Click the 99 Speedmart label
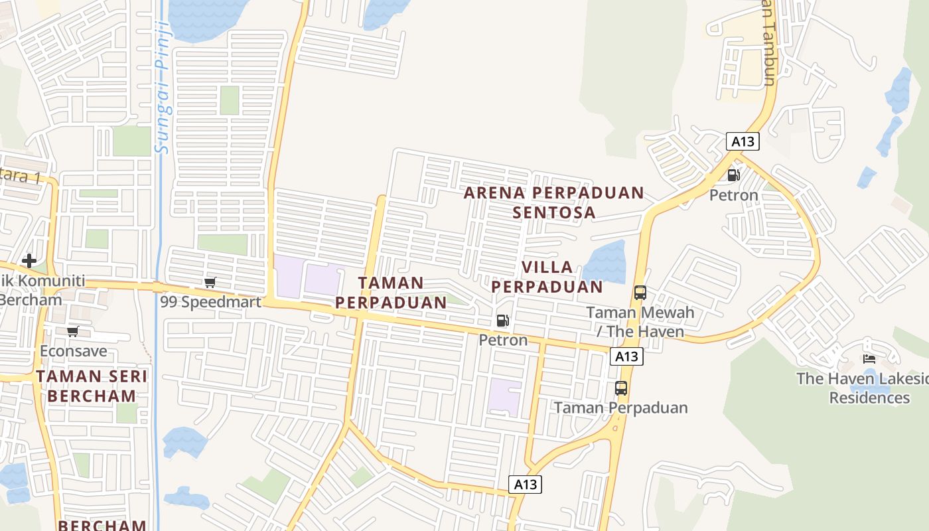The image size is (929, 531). [x=210, y=302]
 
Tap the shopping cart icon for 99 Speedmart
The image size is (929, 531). [x=210, y=283]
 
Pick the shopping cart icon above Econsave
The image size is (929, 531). [x=72, y=331]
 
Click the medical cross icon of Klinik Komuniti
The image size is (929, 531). [x=29, y=261]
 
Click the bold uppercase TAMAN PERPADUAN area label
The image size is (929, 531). [x=391, y=293]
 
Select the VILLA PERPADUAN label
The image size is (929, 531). [x=547, y=277]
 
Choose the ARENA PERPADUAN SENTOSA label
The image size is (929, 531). [x=554, y=202]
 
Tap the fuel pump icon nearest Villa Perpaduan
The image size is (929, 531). [x=503, y=321]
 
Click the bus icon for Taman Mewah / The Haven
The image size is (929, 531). [x=640, y=293]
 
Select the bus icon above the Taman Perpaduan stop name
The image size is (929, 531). [x=621, y=388]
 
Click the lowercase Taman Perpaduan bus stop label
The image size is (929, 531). [x=621, y=408]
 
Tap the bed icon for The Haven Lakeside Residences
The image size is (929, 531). [x=869, y=359]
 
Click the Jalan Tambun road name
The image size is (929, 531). [x=768, y=43]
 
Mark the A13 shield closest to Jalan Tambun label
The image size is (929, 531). [x=743, y=141]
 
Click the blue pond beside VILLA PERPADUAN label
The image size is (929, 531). [x=606, y=262]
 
